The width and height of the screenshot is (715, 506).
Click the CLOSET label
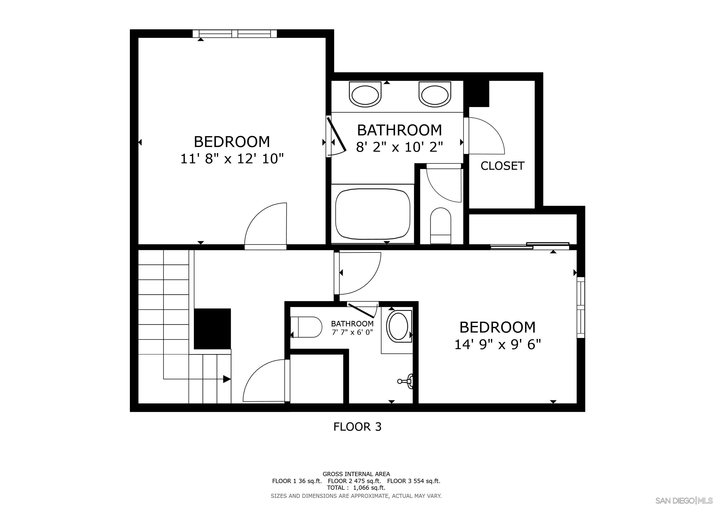[x=502, y=166]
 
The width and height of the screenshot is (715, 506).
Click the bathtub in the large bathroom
[x=373, y=214]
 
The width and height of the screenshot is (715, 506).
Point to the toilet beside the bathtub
[x=440, y=226]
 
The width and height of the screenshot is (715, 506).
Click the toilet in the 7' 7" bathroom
[x=306, y=327]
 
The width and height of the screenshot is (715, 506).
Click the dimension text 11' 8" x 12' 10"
[x=232, y=159]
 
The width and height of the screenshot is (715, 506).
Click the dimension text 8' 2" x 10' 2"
[x=399, y=147]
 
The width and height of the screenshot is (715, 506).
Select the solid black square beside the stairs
[x=212, y=329]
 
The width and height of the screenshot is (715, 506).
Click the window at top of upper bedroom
[x=235, y=34]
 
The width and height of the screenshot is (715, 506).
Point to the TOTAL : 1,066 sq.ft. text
[x=356, y=488]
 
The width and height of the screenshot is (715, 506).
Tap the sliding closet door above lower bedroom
[x=529, y=246]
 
